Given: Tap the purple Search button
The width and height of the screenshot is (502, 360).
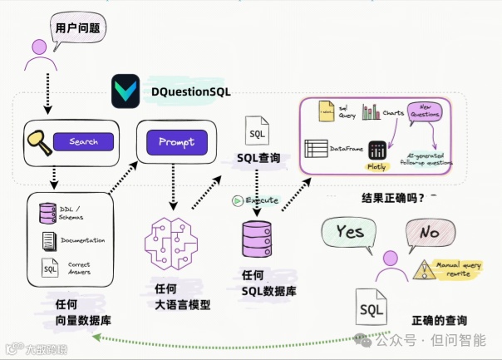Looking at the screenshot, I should click(x=83, y=142).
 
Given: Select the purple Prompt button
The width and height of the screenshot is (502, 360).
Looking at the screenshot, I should click(x=176, y=141).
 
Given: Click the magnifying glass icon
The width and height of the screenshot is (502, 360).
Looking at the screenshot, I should click(x=37, y=141).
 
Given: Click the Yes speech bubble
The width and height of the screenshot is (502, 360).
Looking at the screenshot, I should click(x=350, y=231).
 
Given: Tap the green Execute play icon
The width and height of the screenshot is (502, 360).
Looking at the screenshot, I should click(x=238, y=200).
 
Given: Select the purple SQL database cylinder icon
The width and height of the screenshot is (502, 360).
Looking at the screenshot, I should click(x=257, y=239).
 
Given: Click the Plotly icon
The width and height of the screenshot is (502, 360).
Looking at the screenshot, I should click(x=377, y=151).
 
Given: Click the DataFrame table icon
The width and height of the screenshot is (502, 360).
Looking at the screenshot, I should click(x=316, y=149).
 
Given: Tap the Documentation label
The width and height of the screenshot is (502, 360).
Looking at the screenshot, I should click(x=81, y=240).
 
